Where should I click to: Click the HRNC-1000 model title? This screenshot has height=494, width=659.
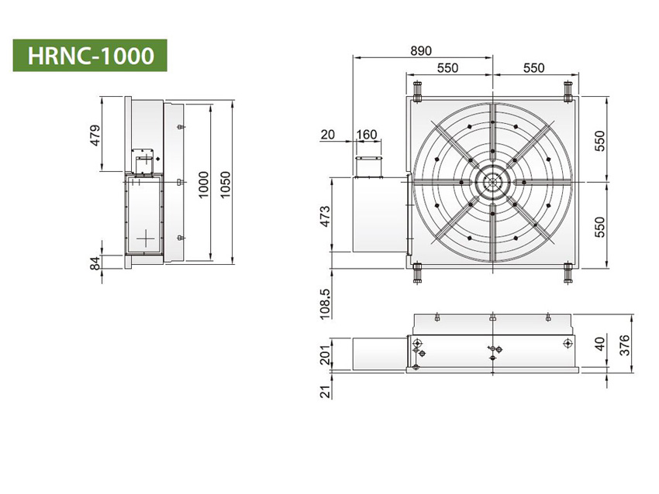[x=89, y=56]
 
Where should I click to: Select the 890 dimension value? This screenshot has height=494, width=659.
[x=421, y=50]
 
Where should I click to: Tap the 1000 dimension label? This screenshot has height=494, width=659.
[x=202, y=184]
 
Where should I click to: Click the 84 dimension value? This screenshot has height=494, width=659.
[x=95, y=264]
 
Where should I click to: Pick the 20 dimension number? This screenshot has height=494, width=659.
[x=327, y=135]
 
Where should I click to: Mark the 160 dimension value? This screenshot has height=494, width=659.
[x=366, y=135]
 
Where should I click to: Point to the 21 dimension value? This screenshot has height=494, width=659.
[x=325, y=391]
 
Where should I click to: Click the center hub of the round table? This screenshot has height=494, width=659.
[x=492, y=182]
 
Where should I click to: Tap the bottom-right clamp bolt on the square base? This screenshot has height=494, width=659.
[x=568, y=273]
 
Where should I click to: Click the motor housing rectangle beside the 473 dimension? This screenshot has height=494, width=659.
[x=378, y=214]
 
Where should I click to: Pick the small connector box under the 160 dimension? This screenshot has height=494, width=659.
[x=368, y=166]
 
